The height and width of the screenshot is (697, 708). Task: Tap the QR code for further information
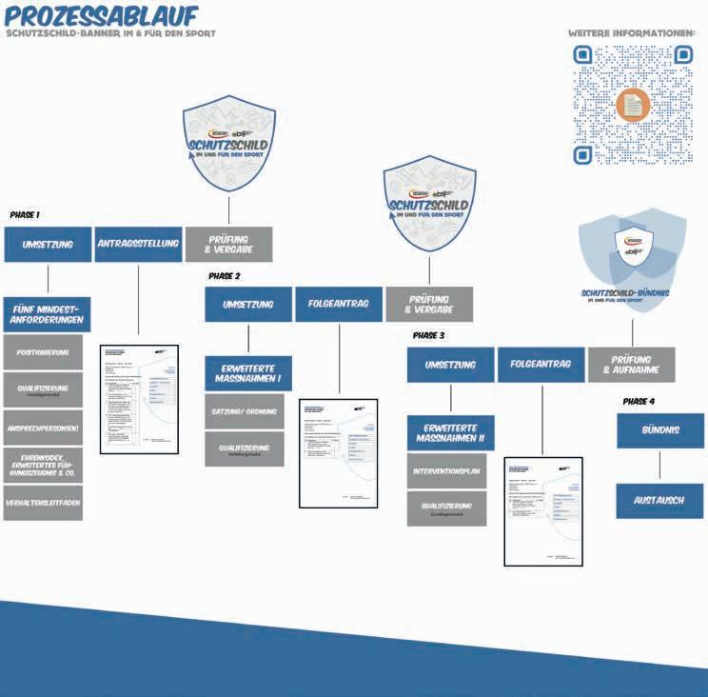coord(632,106)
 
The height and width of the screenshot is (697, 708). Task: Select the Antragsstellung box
coord(138,244)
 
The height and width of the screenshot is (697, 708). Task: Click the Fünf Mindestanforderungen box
coord(48,314)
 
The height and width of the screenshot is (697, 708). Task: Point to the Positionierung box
coord(43,352)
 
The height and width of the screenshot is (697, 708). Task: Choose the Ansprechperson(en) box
coord(43,428)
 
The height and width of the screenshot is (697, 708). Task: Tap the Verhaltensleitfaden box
coord(43,503)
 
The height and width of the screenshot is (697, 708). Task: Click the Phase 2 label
coord(225,276)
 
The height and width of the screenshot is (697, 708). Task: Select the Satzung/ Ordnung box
coord(247,411)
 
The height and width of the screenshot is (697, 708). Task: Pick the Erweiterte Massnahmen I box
coord(247,373)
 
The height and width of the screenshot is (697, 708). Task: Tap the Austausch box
coord(659,501)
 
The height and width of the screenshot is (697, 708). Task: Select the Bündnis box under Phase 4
coord(659,430)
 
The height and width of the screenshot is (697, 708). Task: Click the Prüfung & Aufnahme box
coord(631,364)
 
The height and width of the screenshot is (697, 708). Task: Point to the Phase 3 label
coord(428,336)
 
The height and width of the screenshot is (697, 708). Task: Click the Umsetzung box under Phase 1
coord(47,244)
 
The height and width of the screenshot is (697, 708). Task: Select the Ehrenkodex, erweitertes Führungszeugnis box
coord(43,465)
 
